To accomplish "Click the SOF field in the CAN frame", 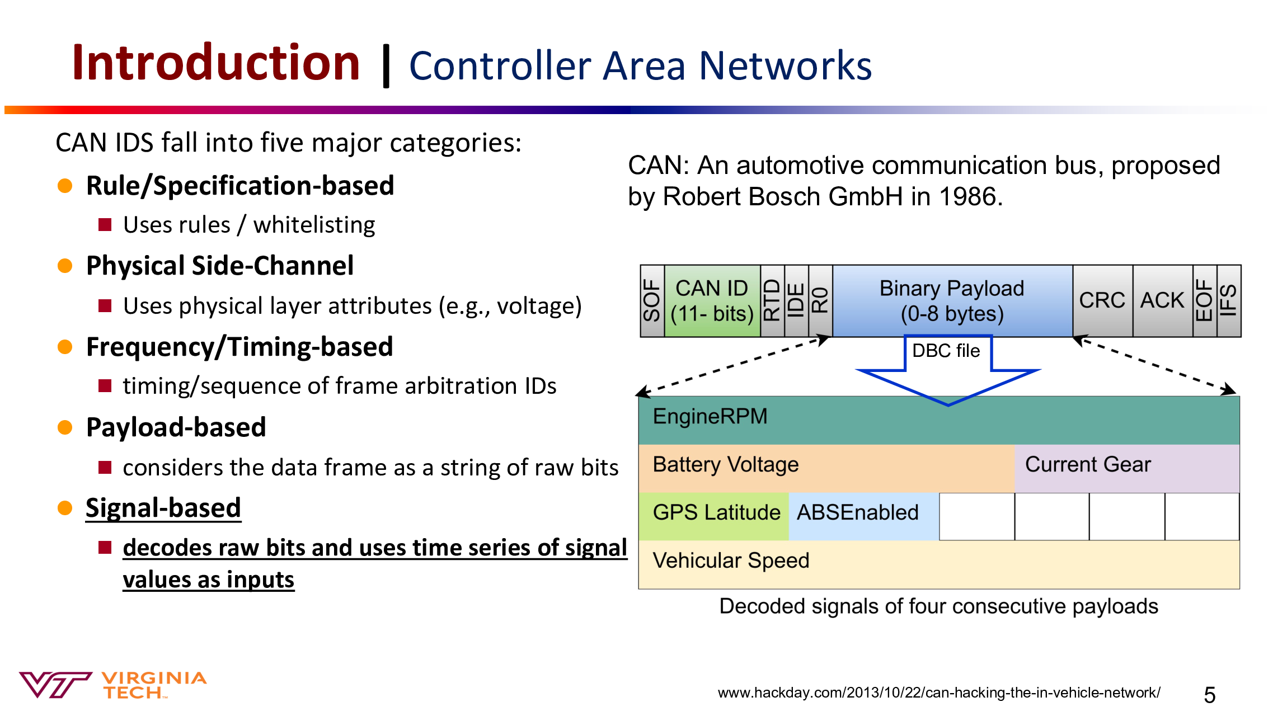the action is (x=652, y=301).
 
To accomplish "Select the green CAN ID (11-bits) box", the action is (x=712, y=301).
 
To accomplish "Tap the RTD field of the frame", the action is (x=772, y=301).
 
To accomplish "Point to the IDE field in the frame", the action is (x=796, y=301).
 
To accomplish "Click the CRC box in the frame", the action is (x=1102, y=301).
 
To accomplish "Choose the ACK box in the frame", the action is (x=1163, y=301).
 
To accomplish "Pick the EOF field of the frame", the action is (x=1205, y=301).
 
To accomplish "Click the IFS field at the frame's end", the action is (x=1229, y=301).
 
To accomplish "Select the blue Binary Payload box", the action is (x=952, y=301).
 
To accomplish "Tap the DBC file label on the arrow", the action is (x=946, y=351).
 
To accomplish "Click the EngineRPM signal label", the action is (x=710, y=417).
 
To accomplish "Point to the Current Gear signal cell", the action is (x=1127, y=469).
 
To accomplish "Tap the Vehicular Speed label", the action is (x=731, y=560).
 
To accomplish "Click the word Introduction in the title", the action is (x=216, y=63).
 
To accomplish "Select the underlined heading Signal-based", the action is (x=163, y=508).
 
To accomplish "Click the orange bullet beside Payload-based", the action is (x=65, y=428).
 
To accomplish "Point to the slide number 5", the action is (x=1210, y=695).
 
